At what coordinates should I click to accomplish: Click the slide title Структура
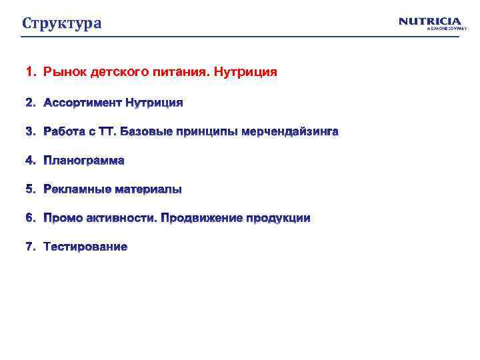[62, 23]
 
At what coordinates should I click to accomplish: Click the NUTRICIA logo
[430, 21]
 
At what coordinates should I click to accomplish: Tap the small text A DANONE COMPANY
[443, 29]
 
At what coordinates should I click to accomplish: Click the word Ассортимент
[83, 103]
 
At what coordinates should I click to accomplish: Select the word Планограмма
[84, 161]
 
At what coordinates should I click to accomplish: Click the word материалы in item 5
[148, 189]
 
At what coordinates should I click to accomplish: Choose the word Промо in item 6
[62, 218]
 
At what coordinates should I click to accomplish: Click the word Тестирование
[85, 247]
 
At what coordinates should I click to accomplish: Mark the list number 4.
[29, 161]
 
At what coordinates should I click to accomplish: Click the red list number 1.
[29, 71]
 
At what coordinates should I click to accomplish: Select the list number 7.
[29, 247]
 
